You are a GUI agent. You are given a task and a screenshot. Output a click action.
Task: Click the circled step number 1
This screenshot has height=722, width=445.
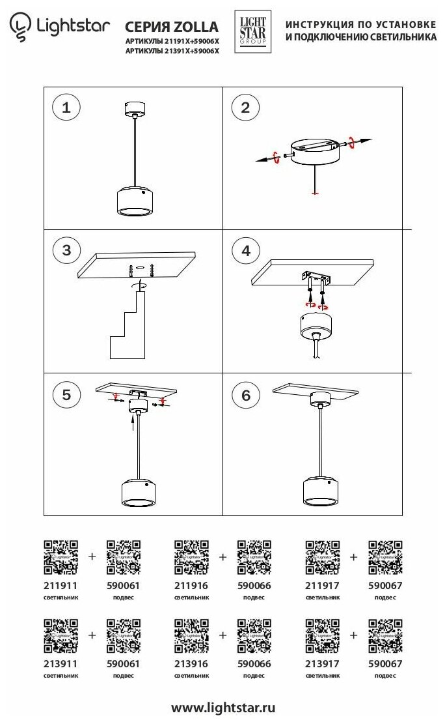tap(66, 108)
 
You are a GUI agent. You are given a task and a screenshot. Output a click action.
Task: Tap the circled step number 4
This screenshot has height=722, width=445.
tap(245, 251)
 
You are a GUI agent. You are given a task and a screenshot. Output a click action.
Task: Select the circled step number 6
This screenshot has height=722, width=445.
tap(245, 396)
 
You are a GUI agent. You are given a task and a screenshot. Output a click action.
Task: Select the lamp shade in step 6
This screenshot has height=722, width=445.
tap(323, 491)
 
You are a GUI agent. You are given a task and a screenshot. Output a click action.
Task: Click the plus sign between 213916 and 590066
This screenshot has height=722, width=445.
tap(223, 634)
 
